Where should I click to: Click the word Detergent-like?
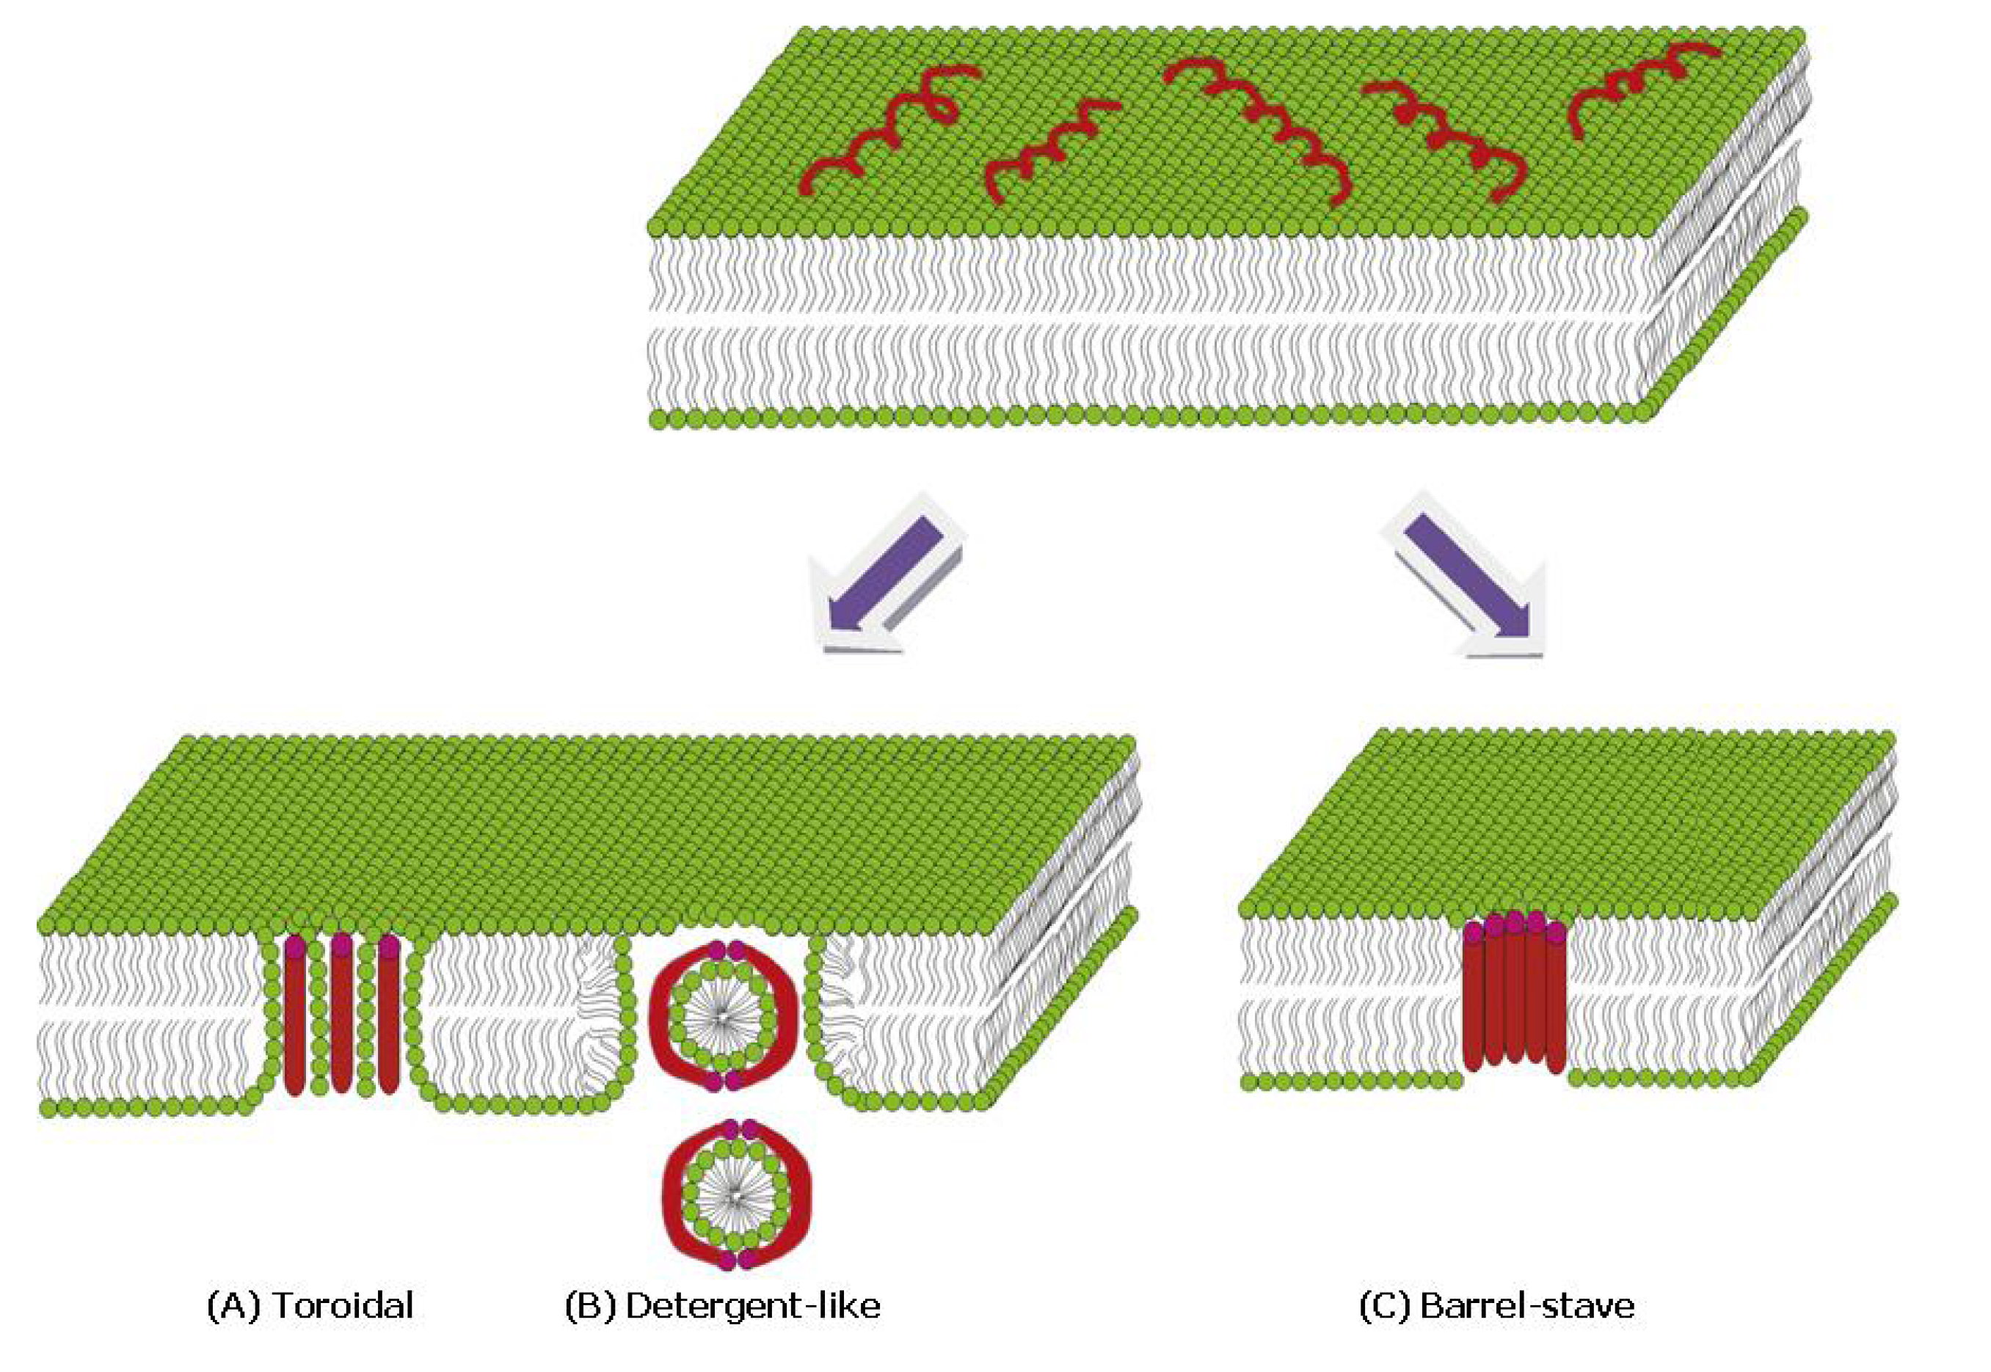[x=752, y=1306]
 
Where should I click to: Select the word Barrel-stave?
[x=1526, y=1306]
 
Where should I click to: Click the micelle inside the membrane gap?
[x=723, y=1016]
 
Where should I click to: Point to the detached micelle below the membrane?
[x=736, y=1195]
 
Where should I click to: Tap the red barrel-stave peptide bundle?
[x=1514, y=997]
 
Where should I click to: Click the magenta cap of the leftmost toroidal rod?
[x=295, y=946]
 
